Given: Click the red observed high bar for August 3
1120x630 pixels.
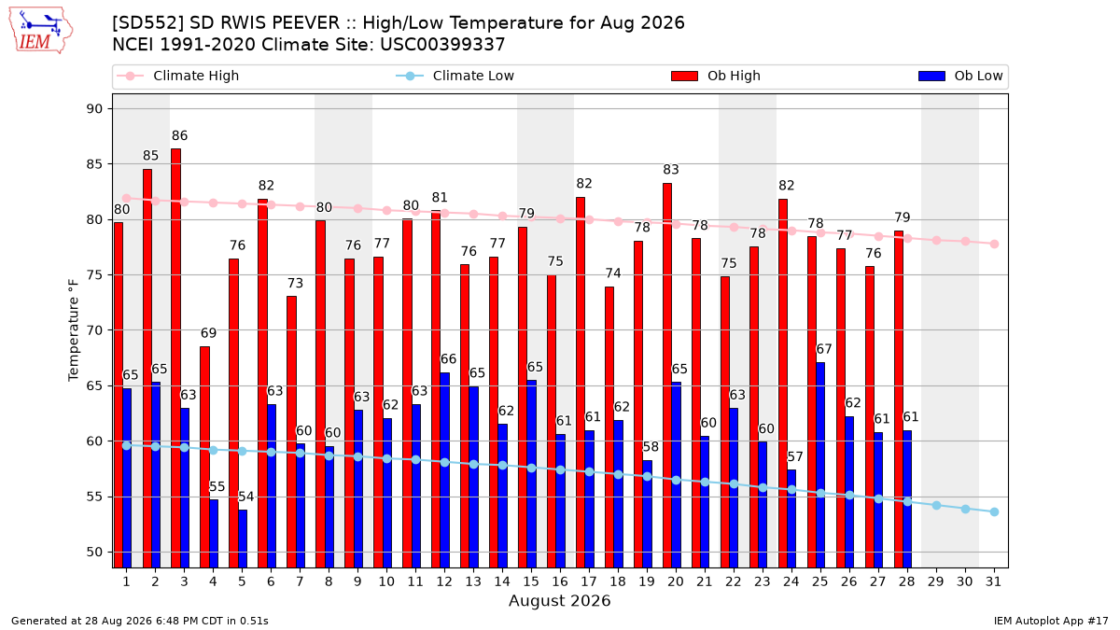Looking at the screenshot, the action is [176, 358].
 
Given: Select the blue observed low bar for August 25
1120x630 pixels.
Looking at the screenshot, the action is [820, 465].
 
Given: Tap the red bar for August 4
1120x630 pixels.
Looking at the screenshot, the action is [205, 457].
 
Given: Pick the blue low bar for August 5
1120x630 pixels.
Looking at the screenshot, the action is [243, 539].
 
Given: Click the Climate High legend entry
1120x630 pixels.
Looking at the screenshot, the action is [177, 76].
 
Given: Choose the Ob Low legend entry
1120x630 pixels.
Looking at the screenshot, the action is [960, 76].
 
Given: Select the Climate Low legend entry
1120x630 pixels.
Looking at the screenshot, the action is [455, 76].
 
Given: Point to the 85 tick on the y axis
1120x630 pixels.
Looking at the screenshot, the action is [94, 164].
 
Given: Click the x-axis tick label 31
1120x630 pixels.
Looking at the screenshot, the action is [993, 582].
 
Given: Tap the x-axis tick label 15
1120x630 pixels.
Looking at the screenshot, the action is [531, 582].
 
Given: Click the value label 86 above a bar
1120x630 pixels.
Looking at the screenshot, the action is [179, 135].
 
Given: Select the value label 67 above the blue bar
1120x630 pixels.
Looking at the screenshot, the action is [824, 349].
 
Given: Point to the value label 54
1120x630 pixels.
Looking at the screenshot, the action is [246, 497].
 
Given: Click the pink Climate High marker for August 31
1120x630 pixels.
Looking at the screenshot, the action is [994, 244].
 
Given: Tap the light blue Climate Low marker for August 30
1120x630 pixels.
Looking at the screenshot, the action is [965, 509].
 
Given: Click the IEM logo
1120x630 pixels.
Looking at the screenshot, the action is [40, 30].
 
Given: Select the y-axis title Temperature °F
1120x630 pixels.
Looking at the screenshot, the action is [74, 330].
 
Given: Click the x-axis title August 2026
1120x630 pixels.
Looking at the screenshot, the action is [559, 600].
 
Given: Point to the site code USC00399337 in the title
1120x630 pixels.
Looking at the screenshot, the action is [442, 45].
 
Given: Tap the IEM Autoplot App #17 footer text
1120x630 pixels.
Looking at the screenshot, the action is [1051, 621].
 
